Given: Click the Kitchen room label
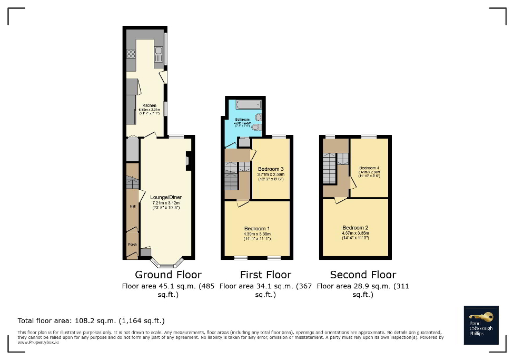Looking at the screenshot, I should [x=145, y=106].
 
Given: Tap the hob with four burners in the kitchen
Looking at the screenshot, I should [x=131, y=53].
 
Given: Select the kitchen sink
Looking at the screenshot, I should [x=157, y=52].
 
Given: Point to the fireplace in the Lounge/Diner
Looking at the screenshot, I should [x=189, y=161].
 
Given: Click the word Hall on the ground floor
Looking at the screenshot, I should [x=132, y=207].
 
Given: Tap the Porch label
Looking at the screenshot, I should [x=132, y=245].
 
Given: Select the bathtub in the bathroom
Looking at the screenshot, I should [x=245, y=104].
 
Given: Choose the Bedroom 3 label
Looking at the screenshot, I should [x=271, y=169].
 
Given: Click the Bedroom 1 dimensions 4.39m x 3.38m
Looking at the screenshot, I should [x=257, y=234].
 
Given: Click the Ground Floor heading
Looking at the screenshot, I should [x=168, y=275].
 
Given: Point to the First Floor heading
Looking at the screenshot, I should [x=265, y=275].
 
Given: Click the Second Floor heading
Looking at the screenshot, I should [x=363, y=275].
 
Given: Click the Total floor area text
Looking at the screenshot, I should [x=91, y=320].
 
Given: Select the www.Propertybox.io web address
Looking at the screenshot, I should [x=38, y=342].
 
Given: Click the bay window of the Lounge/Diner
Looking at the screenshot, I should [x=167, y=261].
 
